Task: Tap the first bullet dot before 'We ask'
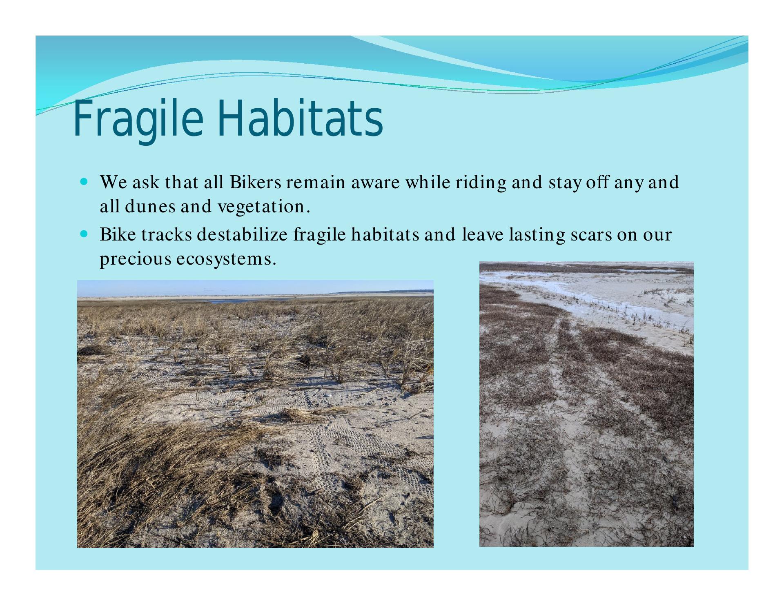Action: tap(85, 180)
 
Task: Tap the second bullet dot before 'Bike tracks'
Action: tap(85, 235)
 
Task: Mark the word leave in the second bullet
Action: tap(482, 235)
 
